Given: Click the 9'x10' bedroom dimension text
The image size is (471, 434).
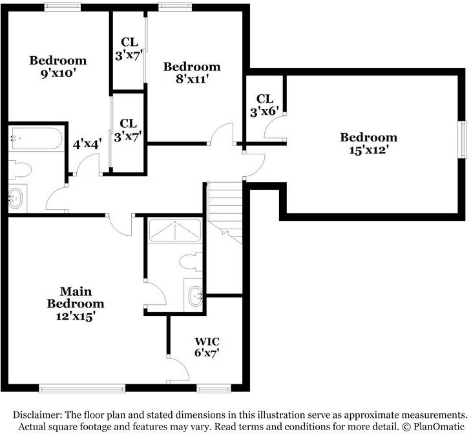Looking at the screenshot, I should click(58, 74).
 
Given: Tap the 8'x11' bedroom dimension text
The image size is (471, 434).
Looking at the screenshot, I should click(191, 79).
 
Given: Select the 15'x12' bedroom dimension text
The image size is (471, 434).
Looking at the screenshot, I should click(368, 150).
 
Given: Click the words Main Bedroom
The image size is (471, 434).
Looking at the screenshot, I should click(75, 297).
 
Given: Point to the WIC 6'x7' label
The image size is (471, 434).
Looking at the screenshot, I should click(207, 347).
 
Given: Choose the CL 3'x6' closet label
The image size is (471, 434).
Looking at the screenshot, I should click(265, 105).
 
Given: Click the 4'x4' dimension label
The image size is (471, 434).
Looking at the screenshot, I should click(86, 145).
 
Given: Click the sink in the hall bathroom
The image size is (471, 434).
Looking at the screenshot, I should click(16, 198).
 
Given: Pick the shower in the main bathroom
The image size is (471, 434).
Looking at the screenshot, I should click(174, 231).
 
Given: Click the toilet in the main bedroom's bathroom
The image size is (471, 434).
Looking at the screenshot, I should click(189, 262).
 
